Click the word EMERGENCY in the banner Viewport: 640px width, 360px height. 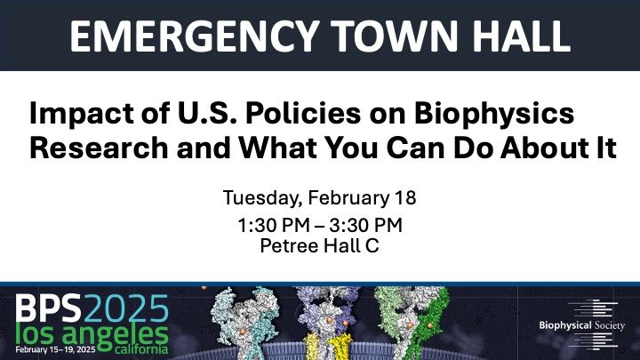point(195,36)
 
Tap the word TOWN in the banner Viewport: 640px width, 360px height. point(395,36)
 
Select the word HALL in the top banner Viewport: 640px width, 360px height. point(521,36)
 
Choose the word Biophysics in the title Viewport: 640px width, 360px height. point(494,115)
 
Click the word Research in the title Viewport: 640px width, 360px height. point(99,148)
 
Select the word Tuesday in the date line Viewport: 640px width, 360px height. point(262,198)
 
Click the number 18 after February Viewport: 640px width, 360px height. point(405,198)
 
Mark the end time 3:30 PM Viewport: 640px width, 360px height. point(365,226)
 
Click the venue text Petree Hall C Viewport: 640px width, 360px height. point(320,245)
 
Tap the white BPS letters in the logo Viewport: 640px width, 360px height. point(49,308)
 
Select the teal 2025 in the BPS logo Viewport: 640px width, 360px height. point(126,308)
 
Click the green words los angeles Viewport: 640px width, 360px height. point(92,335)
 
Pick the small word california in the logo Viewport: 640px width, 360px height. point(141,349)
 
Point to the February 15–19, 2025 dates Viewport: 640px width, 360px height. point(55,349)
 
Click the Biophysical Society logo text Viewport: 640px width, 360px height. point(581,325)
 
